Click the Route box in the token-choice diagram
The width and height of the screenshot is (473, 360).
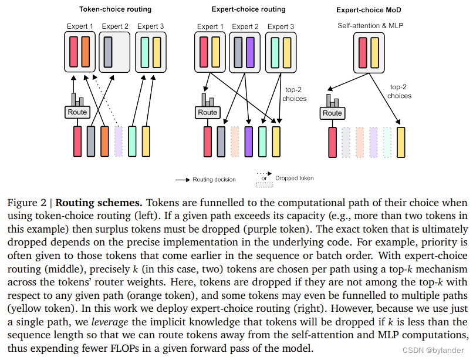(77, 112)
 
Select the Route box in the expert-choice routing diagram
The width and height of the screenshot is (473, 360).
(207, 112)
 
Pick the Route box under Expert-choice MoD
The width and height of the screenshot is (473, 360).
(332, 113)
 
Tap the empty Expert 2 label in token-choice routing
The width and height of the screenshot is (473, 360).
(114, 26)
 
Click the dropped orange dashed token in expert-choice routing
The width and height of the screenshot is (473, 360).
(235, 141)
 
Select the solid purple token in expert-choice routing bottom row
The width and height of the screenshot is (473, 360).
(249, 141)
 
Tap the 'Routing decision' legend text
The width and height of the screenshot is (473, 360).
(214, 179)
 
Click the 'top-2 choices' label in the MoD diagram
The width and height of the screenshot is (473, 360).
(400, 91)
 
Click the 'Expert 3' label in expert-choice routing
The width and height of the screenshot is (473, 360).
(281, 26)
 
